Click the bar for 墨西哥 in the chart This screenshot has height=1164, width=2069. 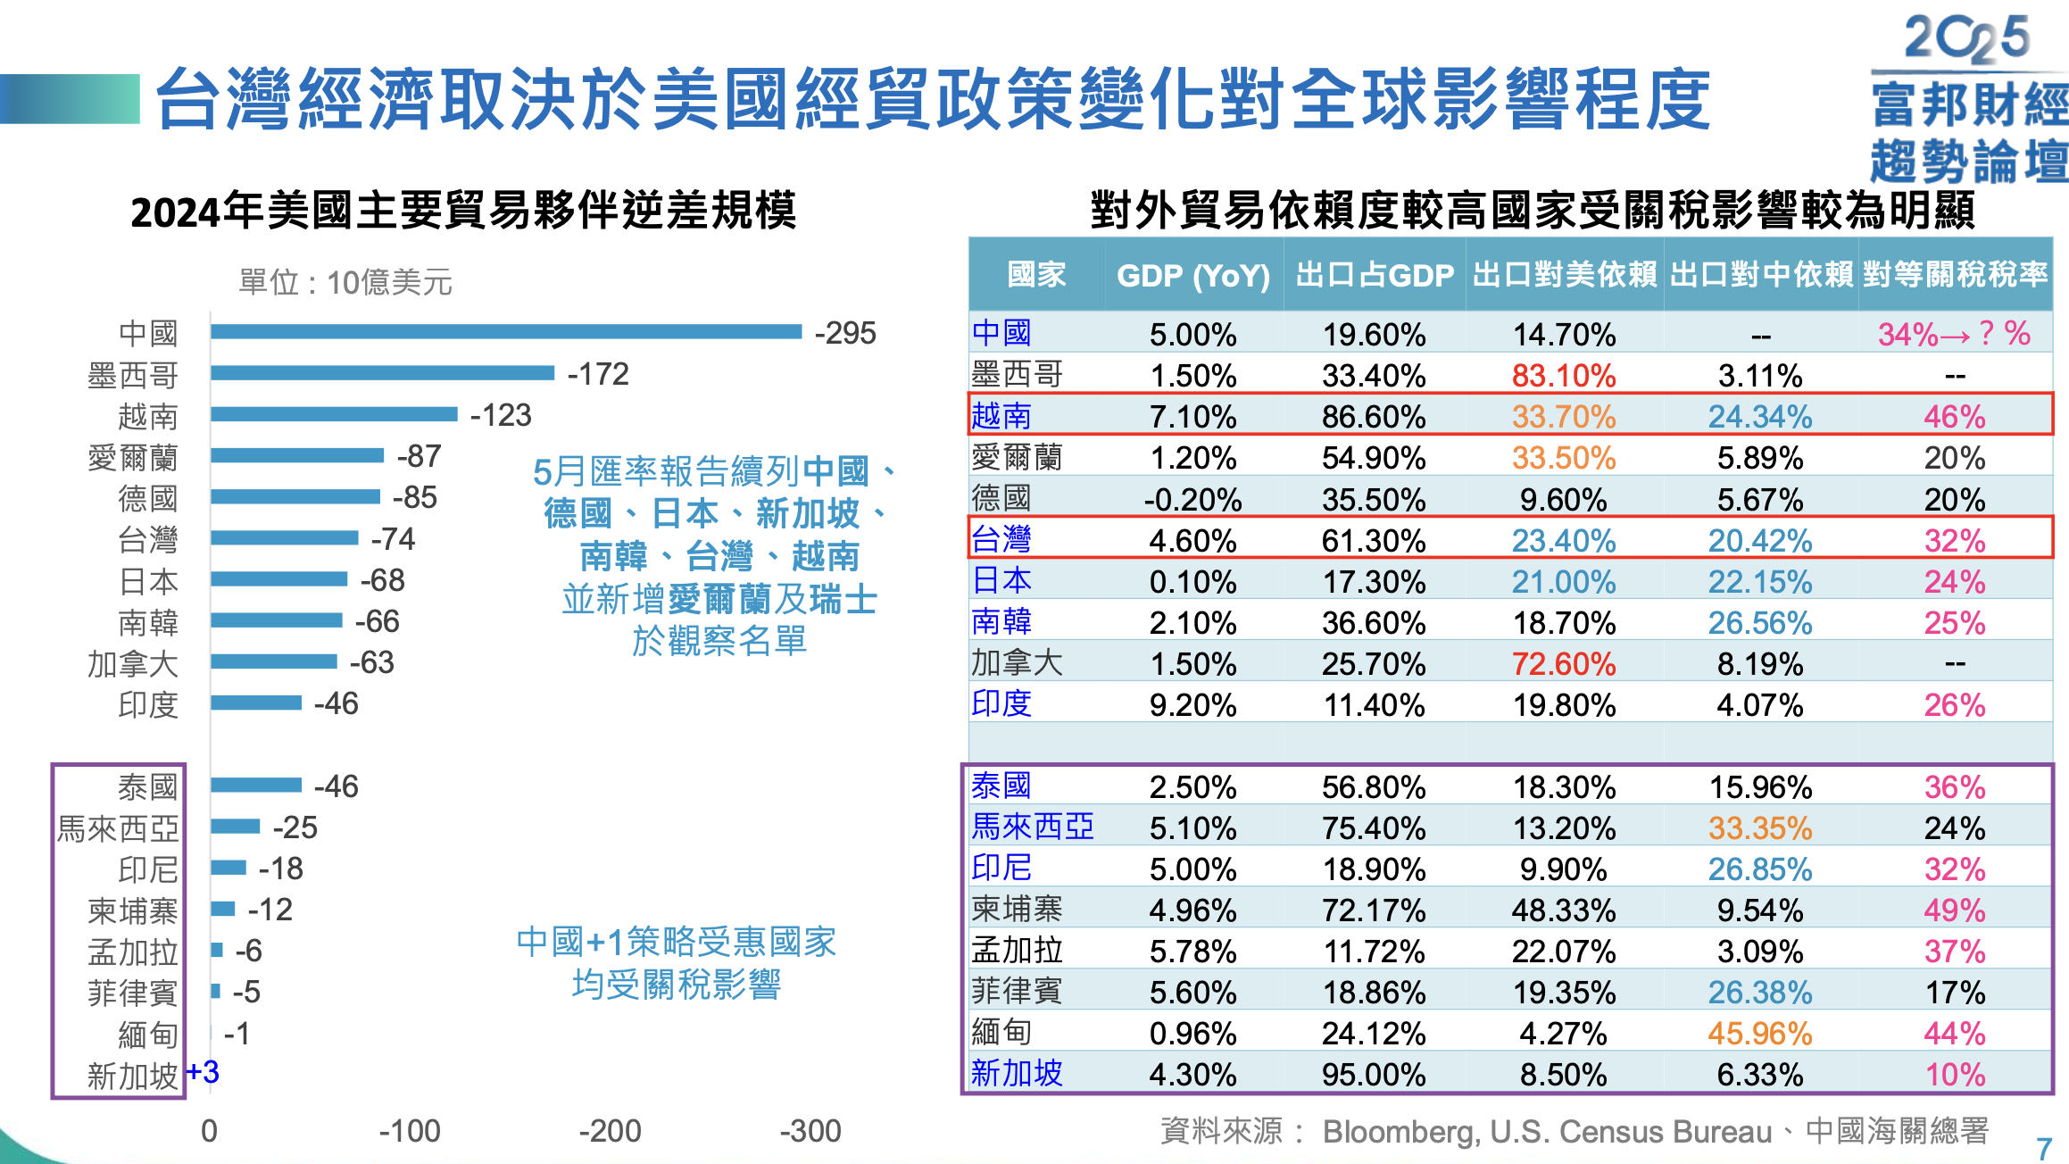click(382, 373)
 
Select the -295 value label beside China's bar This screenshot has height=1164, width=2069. click(844, 333)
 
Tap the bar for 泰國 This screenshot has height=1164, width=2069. click(256, 785)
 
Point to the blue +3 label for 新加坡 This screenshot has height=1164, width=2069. click(203, 1072)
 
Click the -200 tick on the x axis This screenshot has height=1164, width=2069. click(610, 1131)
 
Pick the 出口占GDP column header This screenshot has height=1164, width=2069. click(1374, 275)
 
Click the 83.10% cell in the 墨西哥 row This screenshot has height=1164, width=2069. click(1563, 376)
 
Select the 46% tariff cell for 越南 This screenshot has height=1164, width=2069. click(1954, 417)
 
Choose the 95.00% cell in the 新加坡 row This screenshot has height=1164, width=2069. click(1373, 1074)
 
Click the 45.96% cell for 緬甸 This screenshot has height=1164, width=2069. click(1759, 1034)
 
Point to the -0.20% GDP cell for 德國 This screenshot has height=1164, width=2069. click(1192, 500)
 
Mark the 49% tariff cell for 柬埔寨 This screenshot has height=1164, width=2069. click(1954, 910)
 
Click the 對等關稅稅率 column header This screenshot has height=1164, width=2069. click(1955, 275)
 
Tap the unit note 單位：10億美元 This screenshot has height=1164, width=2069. click(345, 282)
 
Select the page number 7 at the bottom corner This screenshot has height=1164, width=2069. click(2043, 1148)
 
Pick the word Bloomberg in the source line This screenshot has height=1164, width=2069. click(1399, 1132)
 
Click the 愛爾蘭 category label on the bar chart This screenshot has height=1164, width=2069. click(133, 458)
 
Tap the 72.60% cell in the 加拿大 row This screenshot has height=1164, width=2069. click(1563, 664)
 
